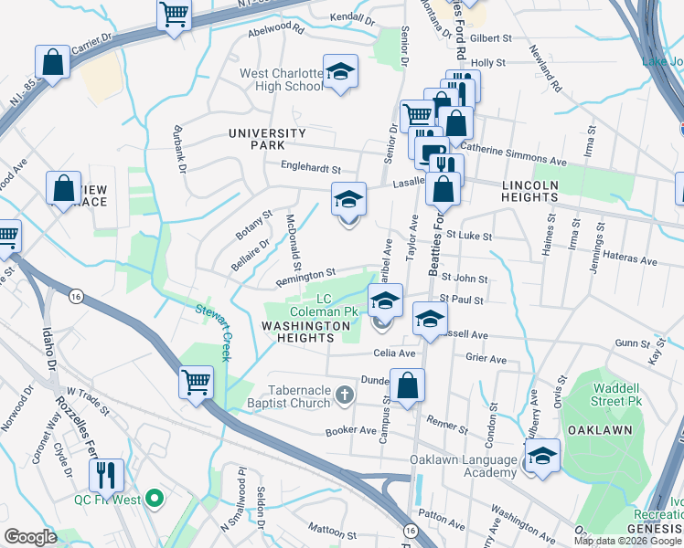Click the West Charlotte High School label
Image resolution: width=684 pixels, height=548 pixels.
click(282, 79)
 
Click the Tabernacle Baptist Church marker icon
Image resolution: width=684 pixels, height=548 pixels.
click(344, 395)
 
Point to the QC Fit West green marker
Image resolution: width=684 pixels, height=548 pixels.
click(155, 499)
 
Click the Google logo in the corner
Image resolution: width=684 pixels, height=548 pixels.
click(30, 536)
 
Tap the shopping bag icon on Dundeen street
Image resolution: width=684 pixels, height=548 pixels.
click(408, 384)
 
